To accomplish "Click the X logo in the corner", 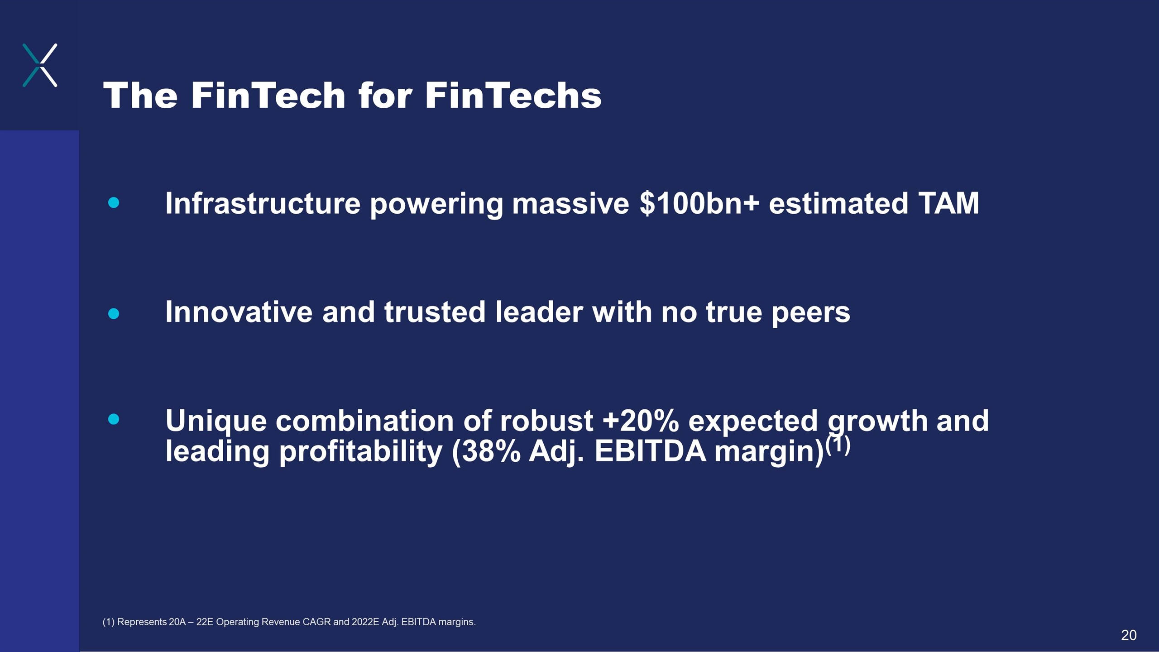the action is point(40,65).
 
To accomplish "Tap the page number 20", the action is point(1129,635).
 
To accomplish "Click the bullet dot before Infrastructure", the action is point(114,202).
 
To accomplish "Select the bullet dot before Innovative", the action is point(114,313).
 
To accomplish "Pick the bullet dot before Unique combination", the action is point(114,419).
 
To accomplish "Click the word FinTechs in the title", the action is point(513,96).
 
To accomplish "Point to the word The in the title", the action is point(140,96).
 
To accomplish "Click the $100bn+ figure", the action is point(699,203).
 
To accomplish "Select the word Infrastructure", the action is point(263,203).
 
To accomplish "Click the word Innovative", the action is point(239,312).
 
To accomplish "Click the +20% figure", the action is point(641,421).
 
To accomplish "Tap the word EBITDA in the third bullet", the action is point(650,451).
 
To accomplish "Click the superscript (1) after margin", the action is point(838,445).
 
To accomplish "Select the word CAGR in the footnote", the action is point(316,622).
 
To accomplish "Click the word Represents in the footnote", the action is point(142,622).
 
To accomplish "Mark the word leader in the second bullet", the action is point(539,312).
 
